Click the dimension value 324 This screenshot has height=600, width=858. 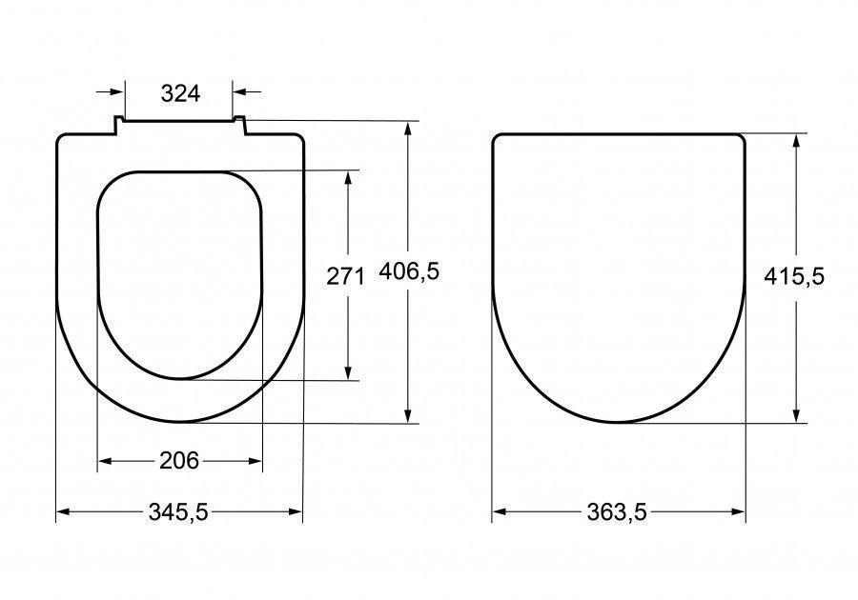[x=180, y=94]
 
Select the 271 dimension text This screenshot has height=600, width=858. [x=345, y=276]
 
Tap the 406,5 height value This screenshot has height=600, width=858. [x=409, y=271]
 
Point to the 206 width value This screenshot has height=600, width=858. [x=179, y=461]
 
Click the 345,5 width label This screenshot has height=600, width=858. [x=178, y=512]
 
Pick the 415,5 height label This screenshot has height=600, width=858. [x=794, y=276]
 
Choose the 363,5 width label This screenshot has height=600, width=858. [x=617, y=512]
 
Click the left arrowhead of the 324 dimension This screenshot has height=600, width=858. [x=117, y=91]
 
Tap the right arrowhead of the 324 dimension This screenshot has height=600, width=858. [x=240, y=91]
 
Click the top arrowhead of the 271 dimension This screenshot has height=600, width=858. [x=348, y=178]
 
